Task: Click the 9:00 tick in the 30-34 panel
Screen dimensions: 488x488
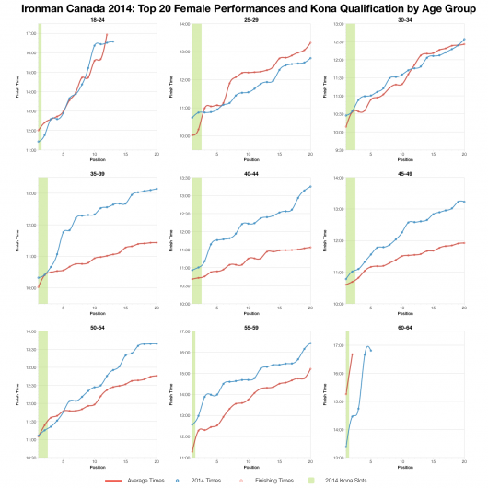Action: (338, 149)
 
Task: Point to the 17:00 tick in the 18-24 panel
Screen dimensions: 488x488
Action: (30, 33)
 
